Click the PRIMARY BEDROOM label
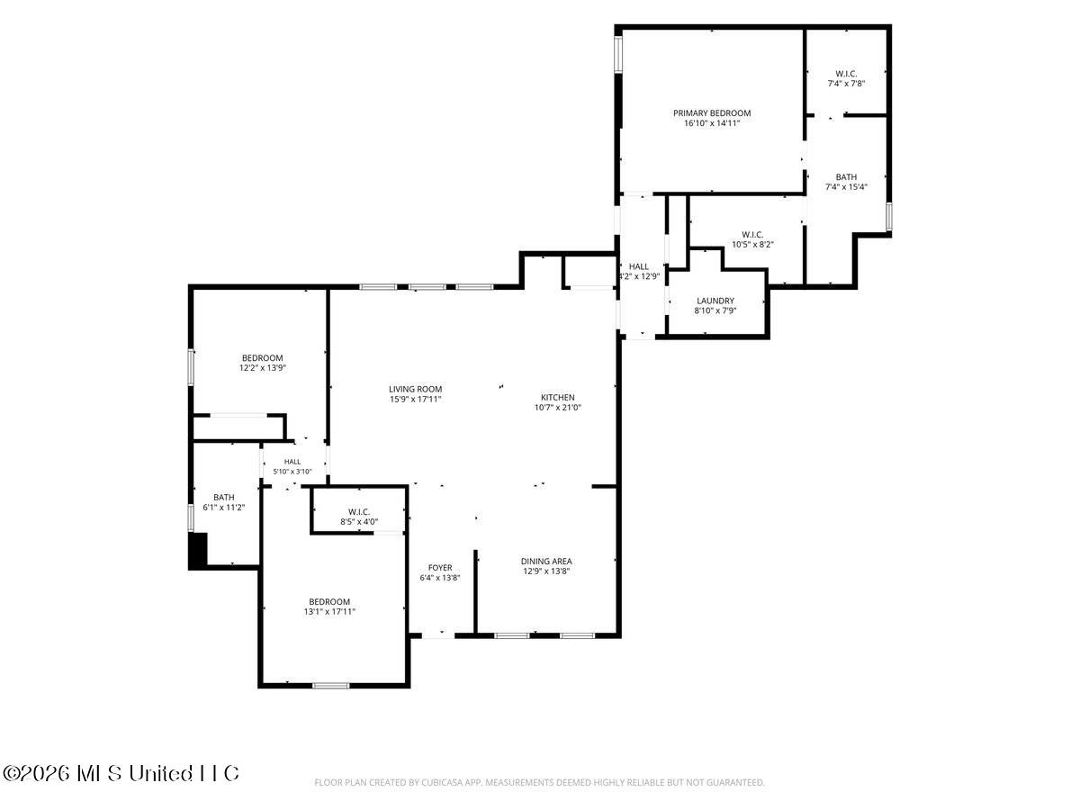point(712,113)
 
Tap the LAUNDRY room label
point(715,301)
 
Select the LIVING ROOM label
point(415,389)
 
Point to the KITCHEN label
point(557,398)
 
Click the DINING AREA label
point(546,561)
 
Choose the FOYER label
point(440,568)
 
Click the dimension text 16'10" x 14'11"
point(712,123)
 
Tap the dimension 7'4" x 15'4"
point(846,187)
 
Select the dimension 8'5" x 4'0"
point(359,522)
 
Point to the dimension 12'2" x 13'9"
point(262,368)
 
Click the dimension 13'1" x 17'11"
point(329,612)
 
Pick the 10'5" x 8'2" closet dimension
point(752,245)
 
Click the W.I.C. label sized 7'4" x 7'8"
point(846,74)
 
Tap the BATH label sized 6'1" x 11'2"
point(224,497)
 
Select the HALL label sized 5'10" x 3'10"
point(292,462)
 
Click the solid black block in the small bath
point(198,550)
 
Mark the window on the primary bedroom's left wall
point(618,55)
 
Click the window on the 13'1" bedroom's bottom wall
point(330,685)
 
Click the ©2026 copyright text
point(121,773)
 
